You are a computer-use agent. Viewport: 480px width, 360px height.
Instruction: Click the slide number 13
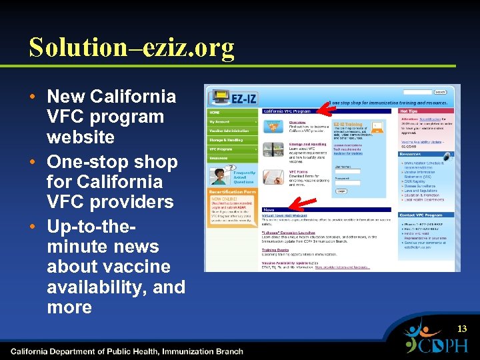click(x=462, y=329)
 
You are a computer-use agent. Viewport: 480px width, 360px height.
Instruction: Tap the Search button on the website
click(x=440, y=92)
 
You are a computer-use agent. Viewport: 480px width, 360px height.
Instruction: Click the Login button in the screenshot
click(x=341, y=191)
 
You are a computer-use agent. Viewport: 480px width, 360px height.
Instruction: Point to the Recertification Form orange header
click(x=232, y=192)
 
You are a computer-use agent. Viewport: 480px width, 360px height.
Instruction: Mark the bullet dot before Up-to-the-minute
click(x=33, y=227)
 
